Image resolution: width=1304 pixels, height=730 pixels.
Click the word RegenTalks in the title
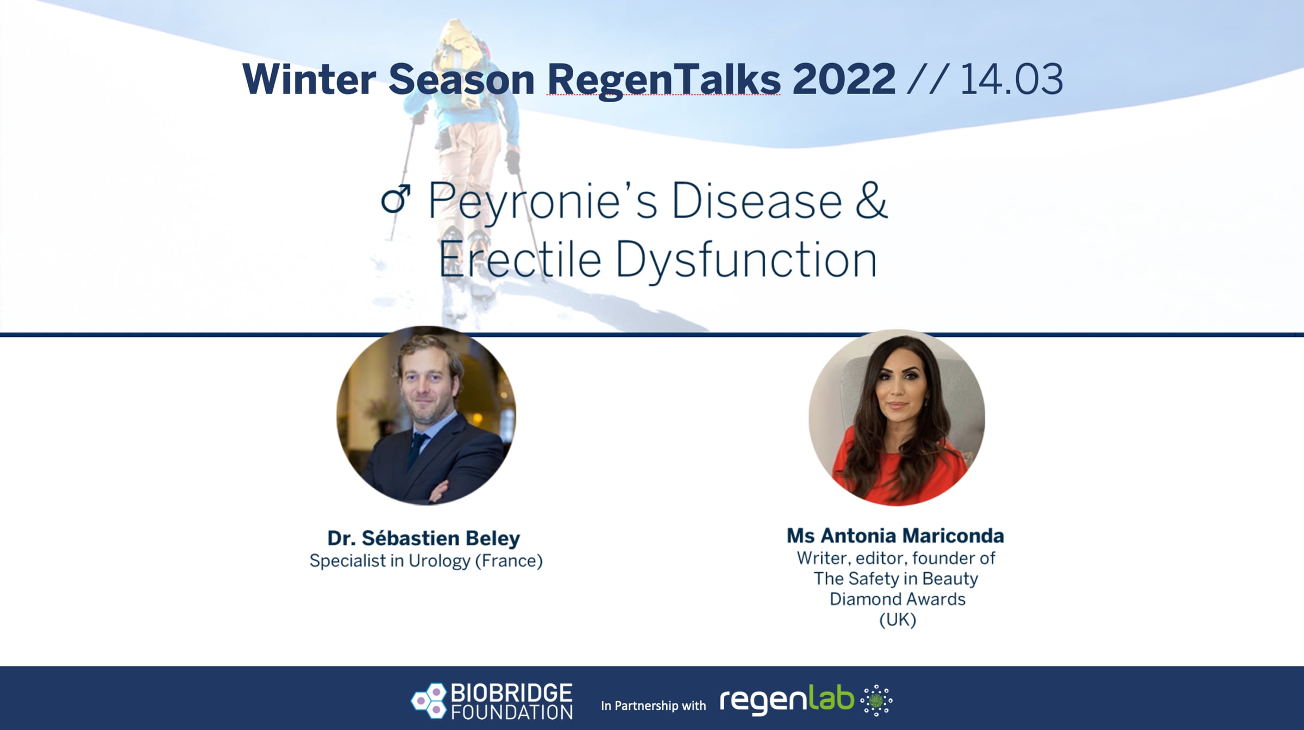[x=664, y=80]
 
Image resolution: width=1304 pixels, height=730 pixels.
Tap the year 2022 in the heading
[x=844, y=79]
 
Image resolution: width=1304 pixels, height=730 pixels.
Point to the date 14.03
[x=1011, y=79]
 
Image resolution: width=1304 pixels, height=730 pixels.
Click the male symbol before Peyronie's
[x=396, y=199]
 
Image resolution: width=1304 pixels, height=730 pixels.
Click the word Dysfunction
[x=746, y=260]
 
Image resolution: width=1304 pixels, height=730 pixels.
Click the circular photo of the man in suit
[x=426, y=415]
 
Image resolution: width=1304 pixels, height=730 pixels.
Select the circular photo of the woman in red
[x=896, y=417]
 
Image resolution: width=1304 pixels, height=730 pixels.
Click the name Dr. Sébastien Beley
[x=424, y=538]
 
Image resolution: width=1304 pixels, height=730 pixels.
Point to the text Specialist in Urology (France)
[x=426, y=561]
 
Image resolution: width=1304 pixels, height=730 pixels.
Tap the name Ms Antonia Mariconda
[x=895, y=536]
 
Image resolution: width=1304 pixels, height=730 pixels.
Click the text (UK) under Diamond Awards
[x=898, y=620]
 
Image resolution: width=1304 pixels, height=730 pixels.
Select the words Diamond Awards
[x=898, y=599]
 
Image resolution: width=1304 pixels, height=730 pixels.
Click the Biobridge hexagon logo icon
[x=429, y=700]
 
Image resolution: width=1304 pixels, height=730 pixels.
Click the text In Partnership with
[x=653, y=706]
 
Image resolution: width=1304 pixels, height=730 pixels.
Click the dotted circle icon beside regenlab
[x=876, y=700]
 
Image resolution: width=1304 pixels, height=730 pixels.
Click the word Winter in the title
[x=309, y=79]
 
